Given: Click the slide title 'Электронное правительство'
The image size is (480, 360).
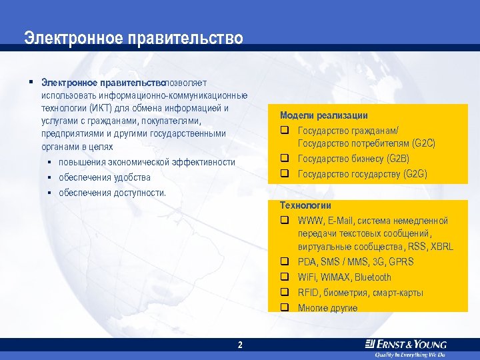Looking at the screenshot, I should [133, 38].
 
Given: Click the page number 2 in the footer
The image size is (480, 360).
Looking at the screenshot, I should [240, 345].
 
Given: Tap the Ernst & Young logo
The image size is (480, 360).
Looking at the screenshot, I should [406, 345].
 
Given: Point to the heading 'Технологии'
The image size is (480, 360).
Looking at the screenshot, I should [305, 205].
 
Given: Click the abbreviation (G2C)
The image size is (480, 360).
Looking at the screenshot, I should [423, 143].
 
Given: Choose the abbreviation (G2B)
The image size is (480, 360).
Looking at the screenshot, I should [398, 159].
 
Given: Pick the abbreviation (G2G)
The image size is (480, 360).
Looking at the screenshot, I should [415, 174].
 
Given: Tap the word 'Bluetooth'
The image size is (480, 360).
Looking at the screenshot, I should [373, 277].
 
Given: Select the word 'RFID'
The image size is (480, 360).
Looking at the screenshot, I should [309, 293].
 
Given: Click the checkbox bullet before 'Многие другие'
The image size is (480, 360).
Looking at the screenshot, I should [284, 308].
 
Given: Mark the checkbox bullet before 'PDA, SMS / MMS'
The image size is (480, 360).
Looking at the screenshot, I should [284, 262].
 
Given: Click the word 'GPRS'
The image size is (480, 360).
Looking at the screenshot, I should [401, 262].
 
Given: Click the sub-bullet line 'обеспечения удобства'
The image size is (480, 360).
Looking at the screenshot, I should [104, 178].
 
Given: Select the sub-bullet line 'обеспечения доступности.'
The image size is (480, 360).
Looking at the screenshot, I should [112, 193].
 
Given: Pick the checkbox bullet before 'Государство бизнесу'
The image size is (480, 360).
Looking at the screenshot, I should [284, 159].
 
